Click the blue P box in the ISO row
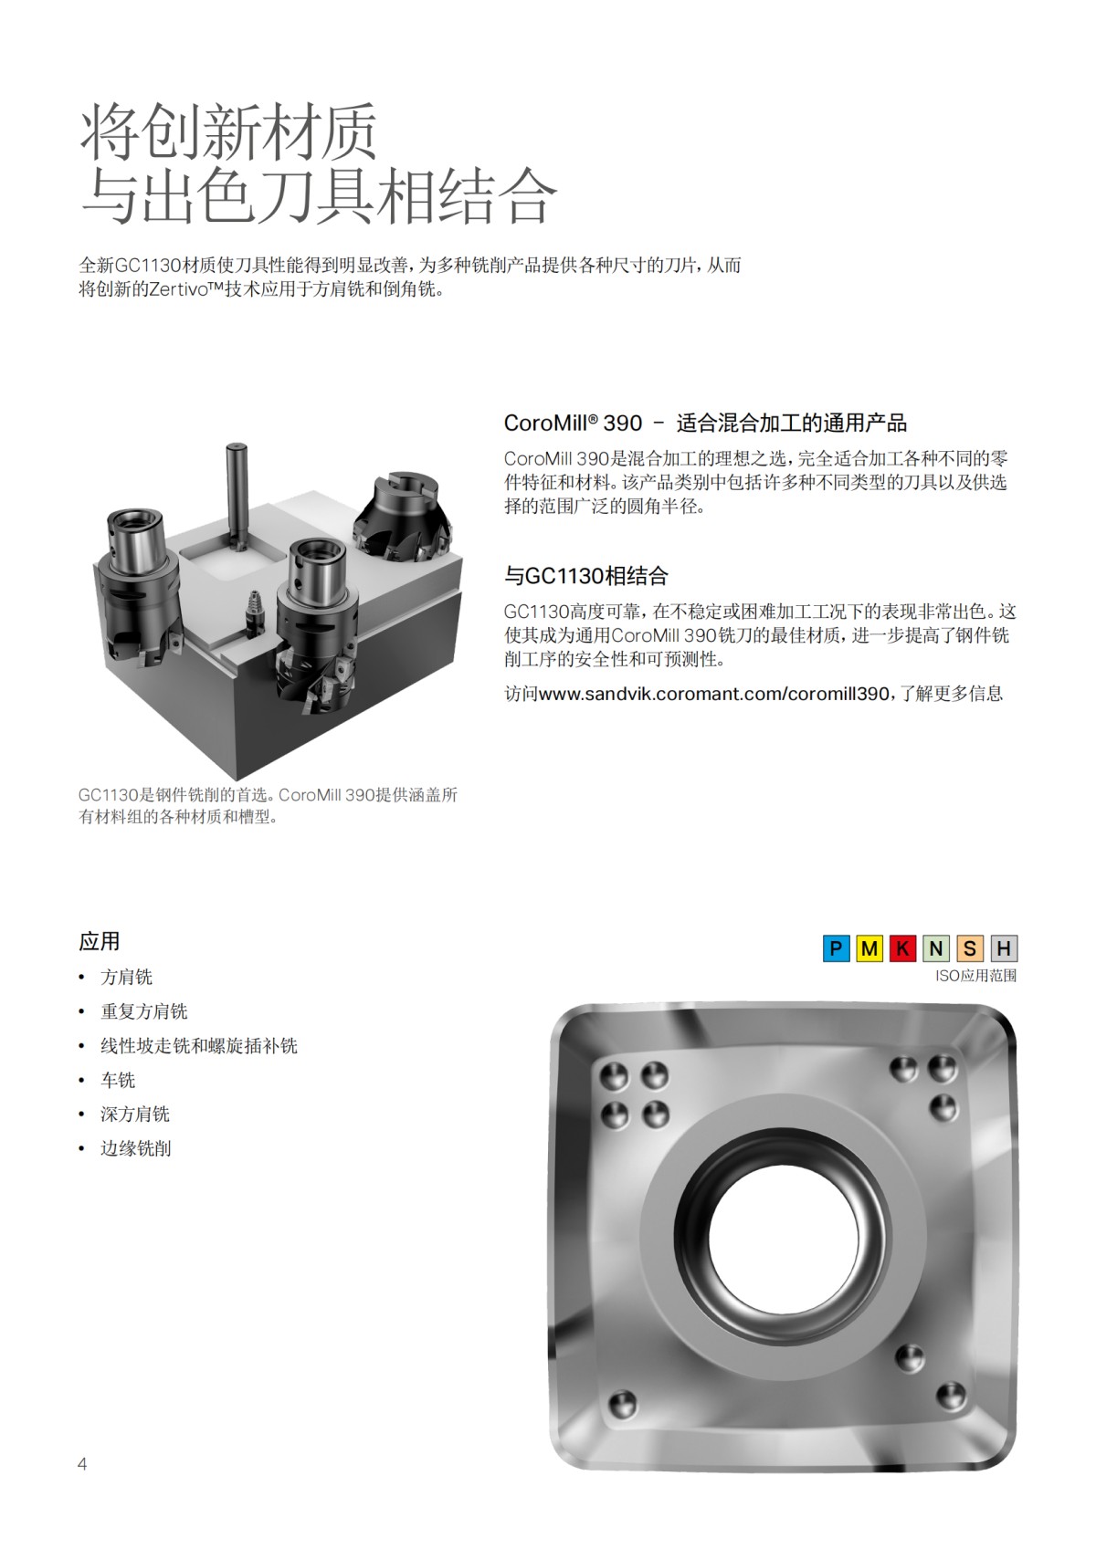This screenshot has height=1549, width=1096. pyautogui.click(x=836, y=948)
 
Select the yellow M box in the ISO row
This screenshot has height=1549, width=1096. pyautogui.click(x=869, y=948)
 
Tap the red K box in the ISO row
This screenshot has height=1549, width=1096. pyautogui.click(x=902, y=948)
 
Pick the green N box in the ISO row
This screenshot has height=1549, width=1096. pyautogui.click(x=936, y=948)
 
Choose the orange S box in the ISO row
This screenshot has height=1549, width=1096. pyautogui.click(x=970, y=948)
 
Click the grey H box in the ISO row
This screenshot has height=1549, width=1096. pyautogui.click(x=1003, y=948)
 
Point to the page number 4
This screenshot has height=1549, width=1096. pyautogui.click(x=82, y=1464)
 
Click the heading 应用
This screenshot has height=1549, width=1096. pyautogui.click(x=100, y=941)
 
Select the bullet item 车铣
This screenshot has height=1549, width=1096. pyautogui.click(x=118, y=1080)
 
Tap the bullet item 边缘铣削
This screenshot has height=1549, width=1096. pyautogui.click(x=135, y=1148)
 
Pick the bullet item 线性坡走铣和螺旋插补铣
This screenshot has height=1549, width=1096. pyautogui.click(x=199, y=1045)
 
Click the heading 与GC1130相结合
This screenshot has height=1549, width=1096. pyautogui.click(x=586, y=576)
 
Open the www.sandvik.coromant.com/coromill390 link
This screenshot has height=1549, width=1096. pyautogui.click(x=713, y=694)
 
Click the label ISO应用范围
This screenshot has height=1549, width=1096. pyautogui.click(x=975, y=976)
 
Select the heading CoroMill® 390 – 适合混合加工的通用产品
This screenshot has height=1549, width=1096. pyautogui.click(x=705, y=423)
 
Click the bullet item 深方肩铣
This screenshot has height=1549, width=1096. pyautogui.click(x=135, y=1114)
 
